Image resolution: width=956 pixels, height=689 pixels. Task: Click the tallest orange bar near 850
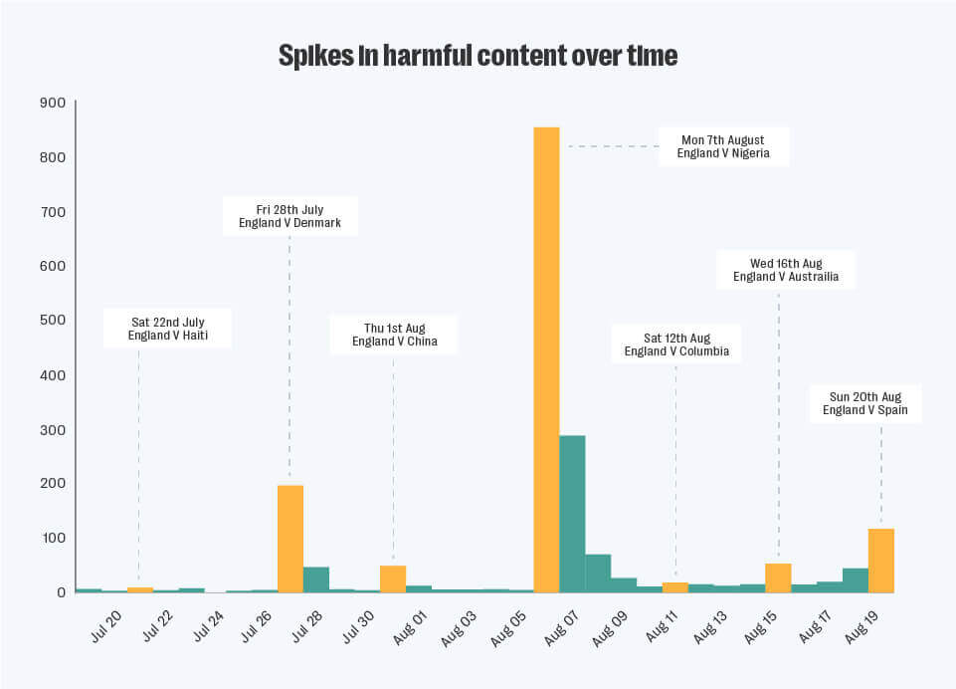[546, 358]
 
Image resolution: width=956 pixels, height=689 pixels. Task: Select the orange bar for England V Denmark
[290, 538]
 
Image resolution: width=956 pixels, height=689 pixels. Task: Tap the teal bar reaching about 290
[572, 513]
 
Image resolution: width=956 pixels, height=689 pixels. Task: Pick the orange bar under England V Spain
[881, 560]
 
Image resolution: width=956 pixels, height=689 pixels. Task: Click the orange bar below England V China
[393, 578]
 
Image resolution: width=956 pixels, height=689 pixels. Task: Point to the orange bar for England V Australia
[778, 577]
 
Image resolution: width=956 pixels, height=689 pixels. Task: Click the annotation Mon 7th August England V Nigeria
[722, 146]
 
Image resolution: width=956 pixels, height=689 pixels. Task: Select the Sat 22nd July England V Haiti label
[167, 329]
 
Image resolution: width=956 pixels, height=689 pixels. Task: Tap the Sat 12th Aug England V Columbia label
[676, 344]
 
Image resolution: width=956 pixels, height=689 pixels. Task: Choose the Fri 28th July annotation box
[289, 216]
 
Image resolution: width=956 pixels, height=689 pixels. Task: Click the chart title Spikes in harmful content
[478, 56]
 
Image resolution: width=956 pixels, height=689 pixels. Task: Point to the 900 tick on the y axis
[52, 103]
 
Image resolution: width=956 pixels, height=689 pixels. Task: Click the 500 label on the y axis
[52, 321]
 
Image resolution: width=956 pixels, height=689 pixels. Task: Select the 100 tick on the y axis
[52, 538]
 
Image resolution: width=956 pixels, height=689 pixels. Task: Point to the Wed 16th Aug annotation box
[786, 270]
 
